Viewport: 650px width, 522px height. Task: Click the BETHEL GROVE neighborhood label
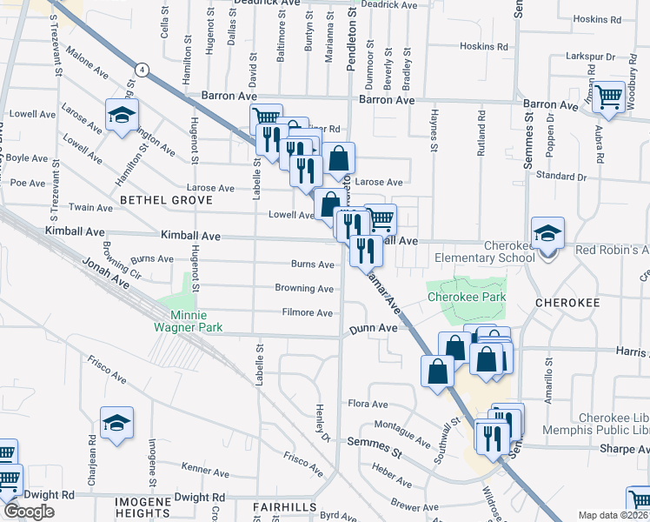click(166, 200)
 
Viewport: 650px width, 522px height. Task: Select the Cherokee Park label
click(466, 297)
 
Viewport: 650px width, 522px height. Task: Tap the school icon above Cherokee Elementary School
click(547, 233)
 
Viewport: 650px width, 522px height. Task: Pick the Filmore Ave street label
click(308, 313)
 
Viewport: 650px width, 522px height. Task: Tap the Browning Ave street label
click(304, 289)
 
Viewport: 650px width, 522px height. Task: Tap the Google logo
click(29, 512)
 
